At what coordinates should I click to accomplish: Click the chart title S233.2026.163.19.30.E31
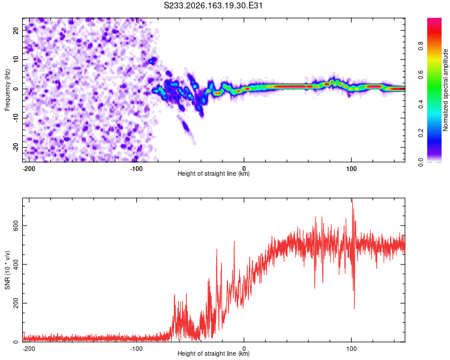[x=213, y=5]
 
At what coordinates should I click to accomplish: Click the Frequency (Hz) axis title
[x=7, y=90]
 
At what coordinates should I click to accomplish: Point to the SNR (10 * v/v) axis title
[x=7, y=270]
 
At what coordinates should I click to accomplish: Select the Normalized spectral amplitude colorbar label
[x=445, y=90]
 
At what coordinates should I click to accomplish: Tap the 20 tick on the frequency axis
[x=16, y=30]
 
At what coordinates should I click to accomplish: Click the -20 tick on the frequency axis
[x=16, y=148]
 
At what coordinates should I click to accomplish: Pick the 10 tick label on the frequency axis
[x=16, y=59]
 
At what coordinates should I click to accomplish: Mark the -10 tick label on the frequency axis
[x=16, y=118]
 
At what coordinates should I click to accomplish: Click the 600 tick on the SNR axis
[x=16, y=226]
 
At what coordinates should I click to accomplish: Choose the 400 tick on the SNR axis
[x=16, y=265]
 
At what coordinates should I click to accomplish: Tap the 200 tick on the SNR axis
[x=16, y=303]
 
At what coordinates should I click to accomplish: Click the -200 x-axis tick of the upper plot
[x=29, y=169]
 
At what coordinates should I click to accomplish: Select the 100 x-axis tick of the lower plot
[x=351, y=349]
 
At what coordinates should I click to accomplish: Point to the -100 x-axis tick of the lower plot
[x=136, y=349]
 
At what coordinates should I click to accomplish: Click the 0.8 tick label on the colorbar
[x=421, y=46]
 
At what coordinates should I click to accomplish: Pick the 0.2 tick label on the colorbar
[x=421, y=133]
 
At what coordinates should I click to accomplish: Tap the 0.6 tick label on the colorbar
[x=421, y=75]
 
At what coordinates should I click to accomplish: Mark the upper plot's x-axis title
[x=214, y=173]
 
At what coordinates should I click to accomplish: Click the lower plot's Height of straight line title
[x=214, y=353]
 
